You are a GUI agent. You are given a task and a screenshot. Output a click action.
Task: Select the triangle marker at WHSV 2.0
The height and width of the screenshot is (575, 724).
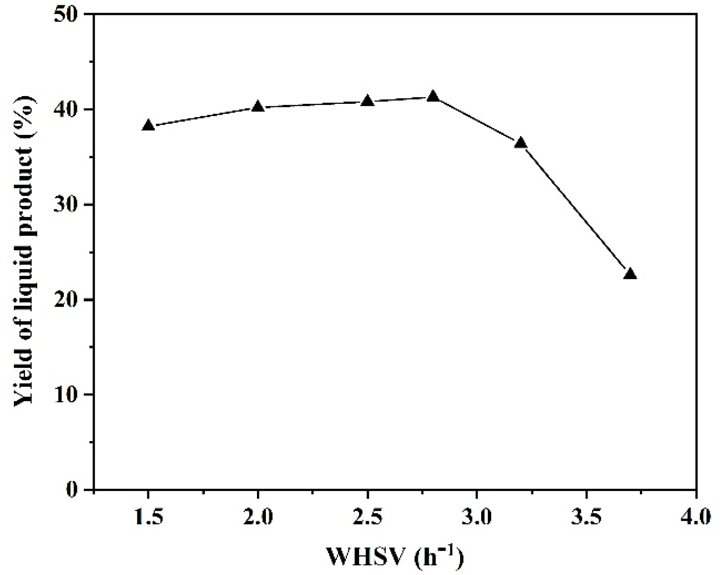coord(258,107)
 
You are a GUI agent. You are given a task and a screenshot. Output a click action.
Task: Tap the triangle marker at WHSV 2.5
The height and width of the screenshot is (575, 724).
coord(368,101)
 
